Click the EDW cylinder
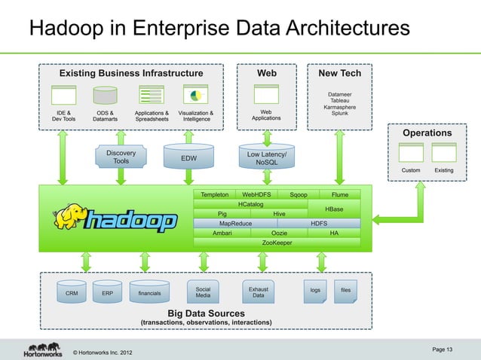tap(188, 158)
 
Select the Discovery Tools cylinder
tap(121, 157)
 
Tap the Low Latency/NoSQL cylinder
tap(266, 157)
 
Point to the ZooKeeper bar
tap(277, 243)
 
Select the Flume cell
tap(340, 194)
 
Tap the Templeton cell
tap(215, 194)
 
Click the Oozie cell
tap(280, 233)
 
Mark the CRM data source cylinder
tap(72, 293)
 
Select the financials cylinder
tap(149, 293)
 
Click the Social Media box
tap(203, 292)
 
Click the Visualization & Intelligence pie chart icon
tap(196, 96)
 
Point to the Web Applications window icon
tap(266, 95)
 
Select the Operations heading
tap(427, 133)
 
